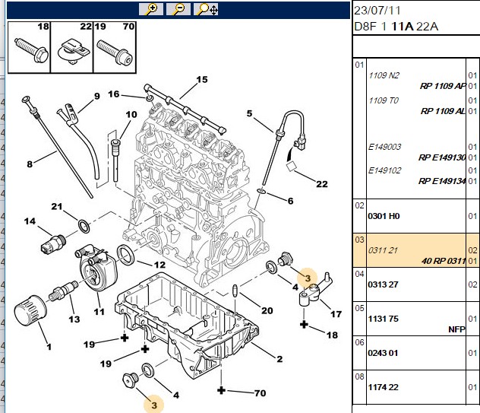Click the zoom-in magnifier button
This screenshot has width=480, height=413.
(151, 9)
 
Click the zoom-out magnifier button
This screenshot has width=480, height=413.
(178, 9)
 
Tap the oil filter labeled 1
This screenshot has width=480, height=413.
(30, 309)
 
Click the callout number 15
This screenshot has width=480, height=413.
(202, 80)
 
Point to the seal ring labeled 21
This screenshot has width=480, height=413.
(84, 227)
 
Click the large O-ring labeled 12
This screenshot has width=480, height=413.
(125, 255)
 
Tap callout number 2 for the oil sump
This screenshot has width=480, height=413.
(279, 359)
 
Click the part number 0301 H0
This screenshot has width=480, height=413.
(384, 216)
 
